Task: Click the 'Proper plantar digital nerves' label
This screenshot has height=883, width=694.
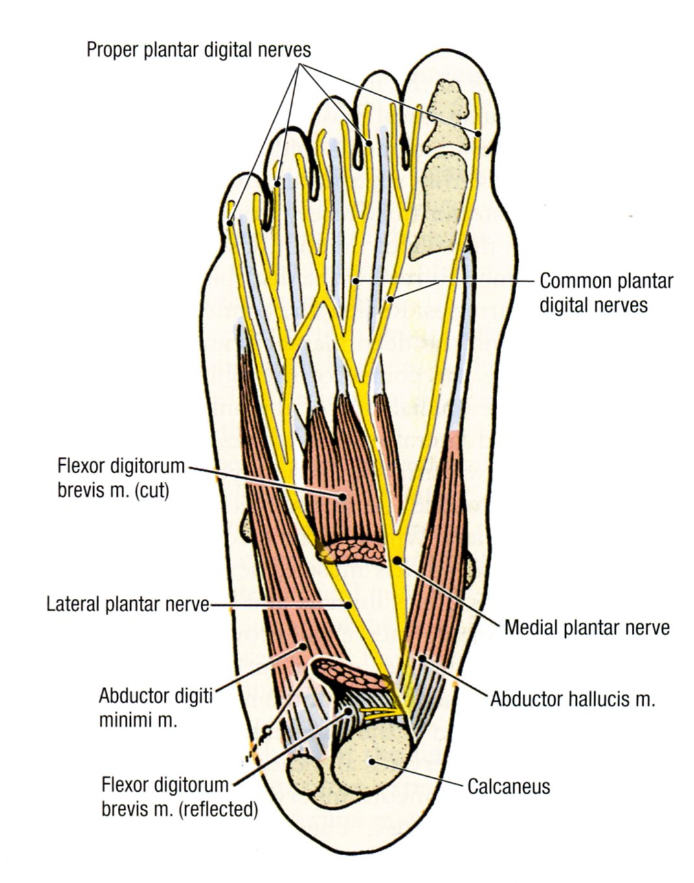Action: [199, 50]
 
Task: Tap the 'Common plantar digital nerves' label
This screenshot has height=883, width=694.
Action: [606, 293]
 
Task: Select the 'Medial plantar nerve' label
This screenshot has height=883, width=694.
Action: [587, 627]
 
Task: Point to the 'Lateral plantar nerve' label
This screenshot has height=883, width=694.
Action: [128, 605]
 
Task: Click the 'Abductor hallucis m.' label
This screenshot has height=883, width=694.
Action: [573, 699]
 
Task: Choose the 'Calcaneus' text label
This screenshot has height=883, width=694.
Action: [508, 787]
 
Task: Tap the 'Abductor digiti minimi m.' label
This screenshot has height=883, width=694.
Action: [155, 708]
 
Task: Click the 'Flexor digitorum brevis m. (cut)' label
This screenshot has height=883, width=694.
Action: [121, 478]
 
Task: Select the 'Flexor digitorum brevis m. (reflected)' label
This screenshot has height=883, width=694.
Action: [179, 797]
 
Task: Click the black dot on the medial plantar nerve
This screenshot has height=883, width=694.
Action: [396, 559]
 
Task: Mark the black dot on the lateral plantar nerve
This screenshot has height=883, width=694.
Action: [348, 605]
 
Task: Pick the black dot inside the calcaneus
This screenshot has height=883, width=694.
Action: [370, 761]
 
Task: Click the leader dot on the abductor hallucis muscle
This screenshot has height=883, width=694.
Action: [421, 658]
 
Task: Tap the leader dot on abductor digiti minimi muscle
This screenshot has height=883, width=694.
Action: [302, 645]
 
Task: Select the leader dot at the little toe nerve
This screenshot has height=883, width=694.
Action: [230, 223]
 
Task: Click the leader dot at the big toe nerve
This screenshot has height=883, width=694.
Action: [479, 134]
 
